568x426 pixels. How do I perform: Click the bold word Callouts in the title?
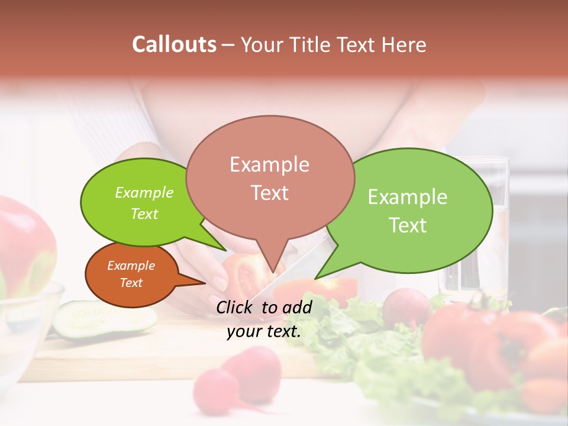click(x=174, y=44)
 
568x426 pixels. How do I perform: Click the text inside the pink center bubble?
click(x=270, y=178)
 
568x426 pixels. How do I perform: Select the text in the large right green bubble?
click(x=408, y=211)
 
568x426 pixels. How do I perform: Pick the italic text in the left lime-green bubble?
click(x=144, y=203)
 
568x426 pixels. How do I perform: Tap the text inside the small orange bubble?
click(x=131, y=274)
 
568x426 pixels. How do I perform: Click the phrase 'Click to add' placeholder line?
click(x=264, y=306)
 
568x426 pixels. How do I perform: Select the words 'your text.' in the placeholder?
click(x=264, y=331)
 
